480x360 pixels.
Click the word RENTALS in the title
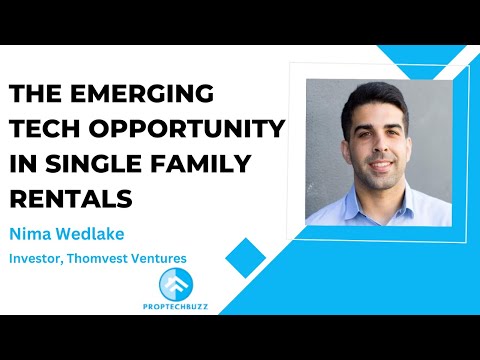click(x=71, y=198)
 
